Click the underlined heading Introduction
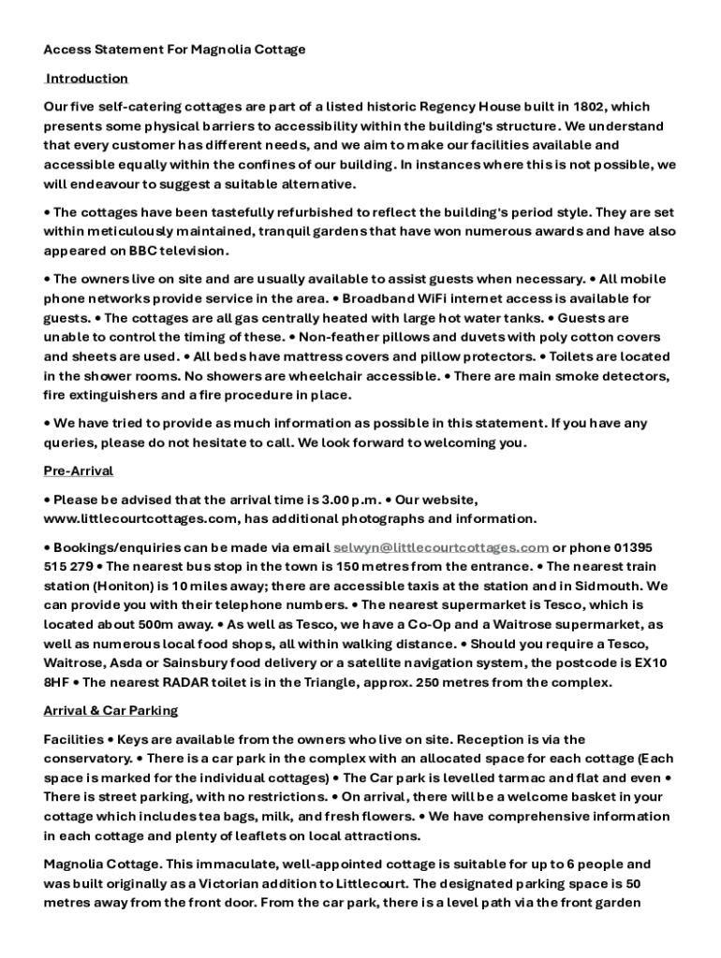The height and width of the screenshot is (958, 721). tap(87, 78)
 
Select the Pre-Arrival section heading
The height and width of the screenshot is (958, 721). tap(79, 471)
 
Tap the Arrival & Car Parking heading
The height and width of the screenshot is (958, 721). tap(110, 711)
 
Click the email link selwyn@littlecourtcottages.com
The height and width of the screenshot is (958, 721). tap(441, 547)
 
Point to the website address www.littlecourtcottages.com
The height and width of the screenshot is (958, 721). tap(137, 518)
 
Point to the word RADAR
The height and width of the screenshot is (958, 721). tap(213, 682)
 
